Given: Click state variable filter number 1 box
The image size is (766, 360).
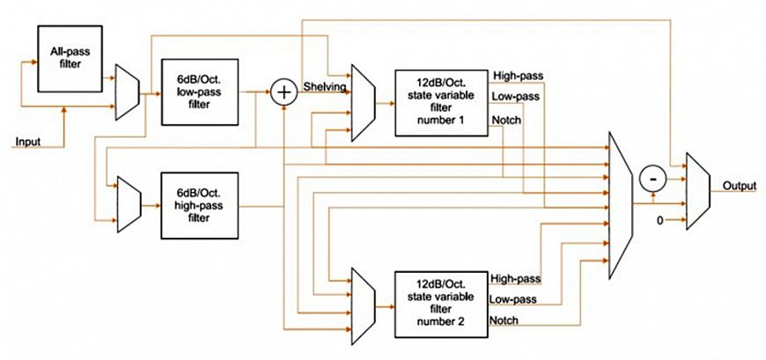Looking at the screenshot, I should (x=440, y=103).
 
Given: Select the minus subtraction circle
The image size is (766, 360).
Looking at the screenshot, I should (x=652, y=178).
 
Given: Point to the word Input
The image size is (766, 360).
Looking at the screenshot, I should (x=27, y=142).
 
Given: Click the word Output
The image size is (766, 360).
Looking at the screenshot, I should (x=740, y=186).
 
